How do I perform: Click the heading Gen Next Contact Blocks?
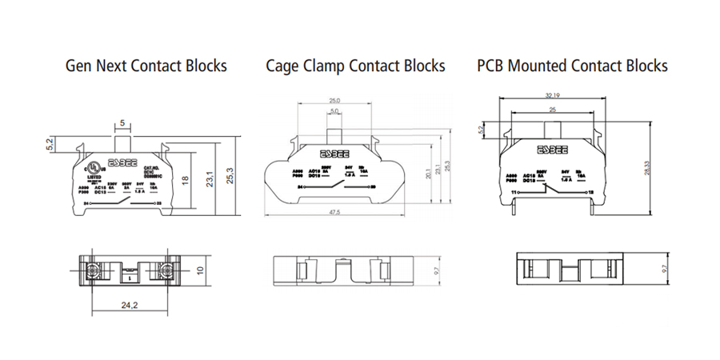click(146, 66)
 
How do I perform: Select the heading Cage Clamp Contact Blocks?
click(355, 66)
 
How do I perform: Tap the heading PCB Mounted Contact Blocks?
click(572, 66)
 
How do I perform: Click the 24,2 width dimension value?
click(128, 304)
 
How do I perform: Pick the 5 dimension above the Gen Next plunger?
click(122, 123)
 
